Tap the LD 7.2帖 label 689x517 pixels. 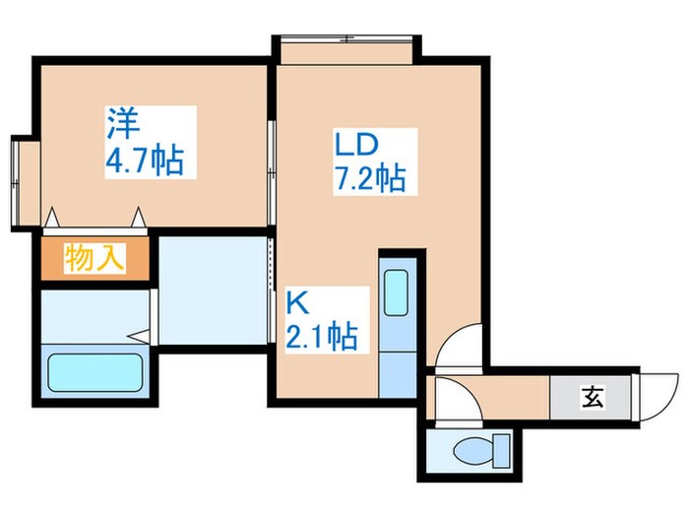coord(368,163)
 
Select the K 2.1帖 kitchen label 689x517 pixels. coord(321,319)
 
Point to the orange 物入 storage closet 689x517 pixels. coord(95,259)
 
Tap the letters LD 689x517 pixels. coord(354,146)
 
